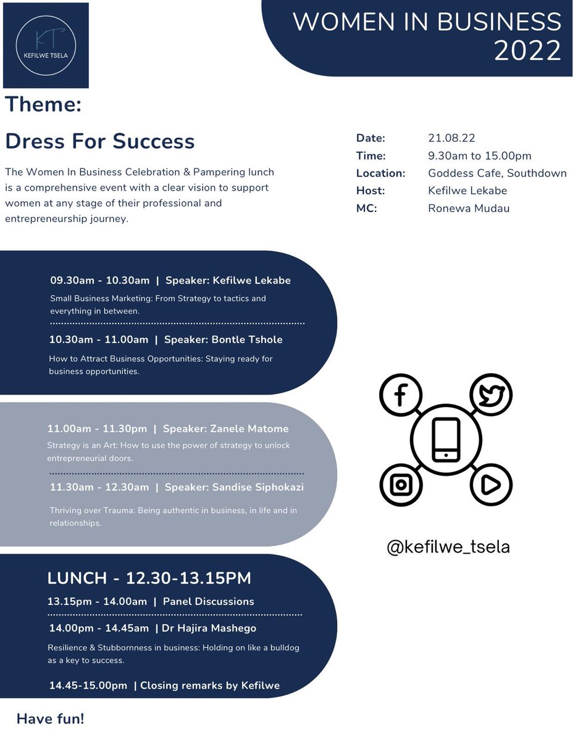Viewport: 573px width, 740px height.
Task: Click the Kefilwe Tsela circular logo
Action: (x=46, y=45)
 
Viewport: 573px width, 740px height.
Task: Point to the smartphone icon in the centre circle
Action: (x=446, y=439)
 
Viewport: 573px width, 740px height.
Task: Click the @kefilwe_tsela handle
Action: (x=448, y=547)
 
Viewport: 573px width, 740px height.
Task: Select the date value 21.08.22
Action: (x=451, y=138)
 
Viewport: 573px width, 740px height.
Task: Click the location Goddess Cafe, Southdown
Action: (x=497, y=173)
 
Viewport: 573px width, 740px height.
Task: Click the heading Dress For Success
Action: (x=100, y=141)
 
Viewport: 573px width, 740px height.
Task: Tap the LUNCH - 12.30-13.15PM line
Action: (x=149, y=578)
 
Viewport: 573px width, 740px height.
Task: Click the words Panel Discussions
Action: (x=208, y=601)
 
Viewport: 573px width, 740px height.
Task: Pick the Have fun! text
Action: (x=51, y=718)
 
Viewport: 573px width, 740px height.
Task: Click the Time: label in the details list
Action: (x=371, y=156)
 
